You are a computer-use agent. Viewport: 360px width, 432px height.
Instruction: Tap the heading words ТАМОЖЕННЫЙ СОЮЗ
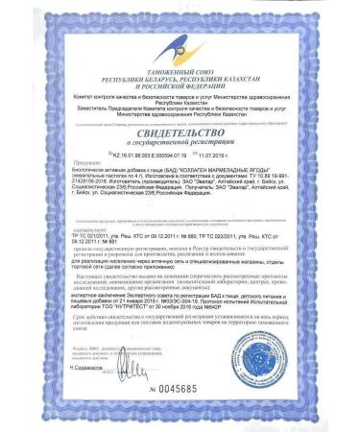pyautogui.click(x=180, y=68)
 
